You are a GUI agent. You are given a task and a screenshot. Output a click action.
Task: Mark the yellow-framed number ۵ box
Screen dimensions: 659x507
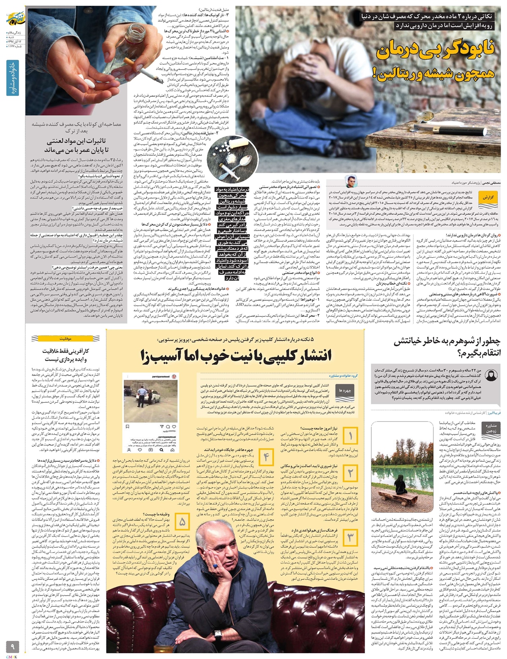[182, 522]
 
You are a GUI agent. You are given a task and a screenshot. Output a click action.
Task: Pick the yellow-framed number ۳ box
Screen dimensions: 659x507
[350, 537]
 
